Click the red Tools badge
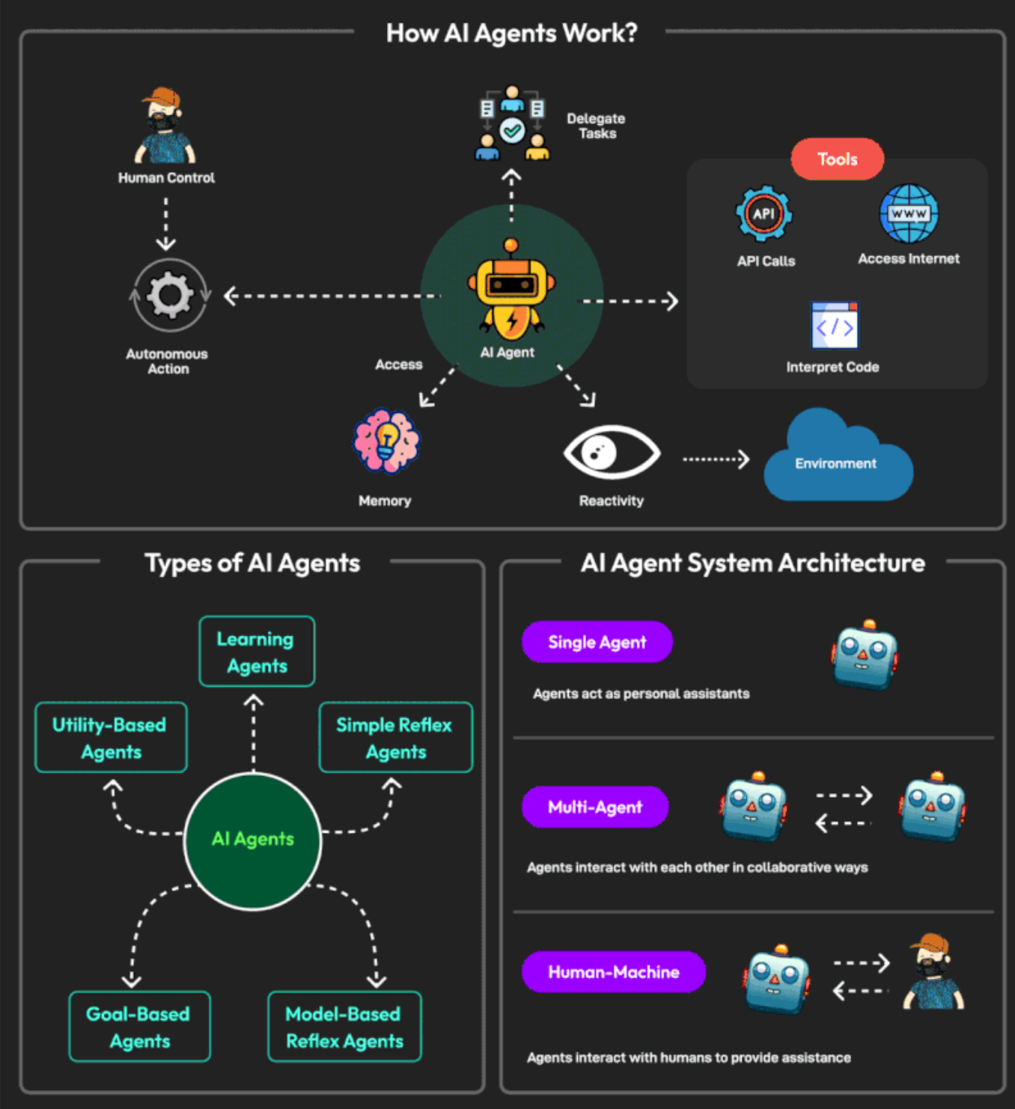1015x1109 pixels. pyautogui.click(x=837, y=159)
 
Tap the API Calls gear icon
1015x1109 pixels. pyautogui.click(x=763, y=214)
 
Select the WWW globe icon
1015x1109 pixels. pyautogui.click(x=909, y=214)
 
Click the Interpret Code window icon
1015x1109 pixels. pyautogui.click(x=835, y=326)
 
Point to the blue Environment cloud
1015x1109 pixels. pyautogui.click(x=837, y=460)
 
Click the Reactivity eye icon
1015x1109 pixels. pyautogui.click(x=611, y=452)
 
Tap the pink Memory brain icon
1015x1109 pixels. pyautogui.click(x=386, y=442)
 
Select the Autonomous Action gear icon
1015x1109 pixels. pyautogui.click(x=170, y=295)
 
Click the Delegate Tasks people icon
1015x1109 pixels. pyautogui.click(x=512, y=123)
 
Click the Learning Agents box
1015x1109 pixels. pyautogui.click(x=256, y=652)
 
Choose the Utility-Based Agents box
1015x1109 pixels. pyautogui.click(x=111, y=738)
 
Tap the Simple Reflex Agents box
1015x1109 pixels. pyautogui.click(x=395, y=738)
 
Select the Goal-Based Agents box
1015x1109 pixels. pyautogui.click(x=139, y=1027)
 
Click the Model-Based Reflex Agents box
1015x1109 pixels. pyautogui.click(x=344, y=1027)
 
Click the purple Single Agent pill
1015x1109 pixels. pyautogui.click(x=597, y=642)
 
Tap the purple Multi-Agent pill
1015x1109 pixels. pyautogui.click(x=595, y=807)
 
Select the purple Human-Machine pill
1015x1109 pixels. pyautogui.click(x=613, y=972)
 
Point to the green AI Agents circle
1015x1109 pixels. pyautogui.click(x=253, y=840)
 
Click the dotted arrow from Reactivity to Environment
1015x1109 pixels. pyautogui.click(x=716, y=459)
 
